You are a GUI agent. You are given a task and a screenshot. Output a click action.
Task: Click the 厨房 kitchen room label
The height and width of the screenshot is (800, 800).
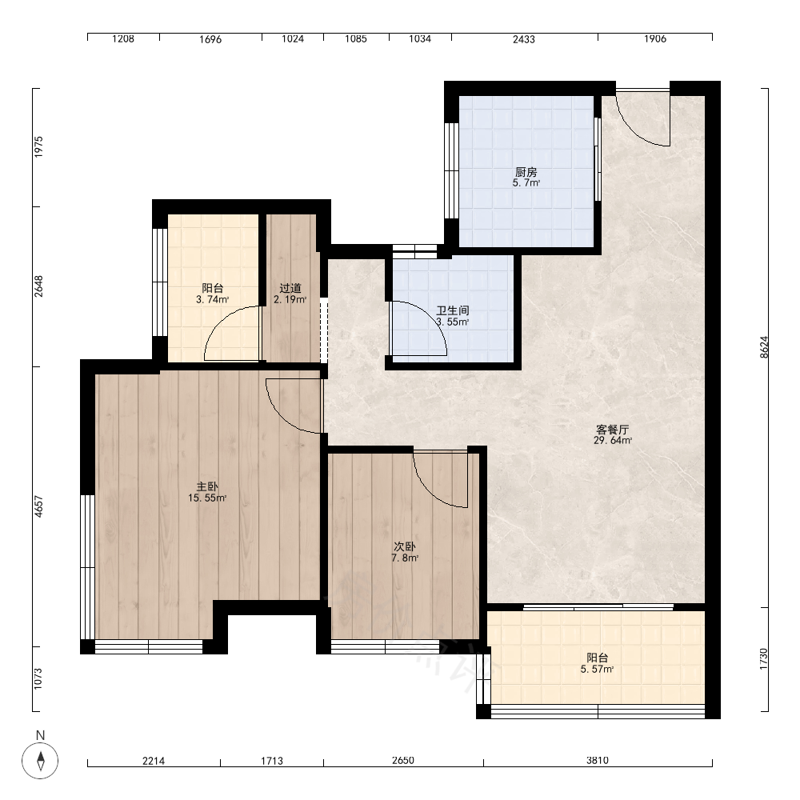click(x=526, y=172)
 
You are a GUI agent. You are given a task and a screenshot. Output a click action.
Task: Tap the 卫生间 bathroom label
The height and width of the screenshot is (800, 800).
click(x=453, y=310)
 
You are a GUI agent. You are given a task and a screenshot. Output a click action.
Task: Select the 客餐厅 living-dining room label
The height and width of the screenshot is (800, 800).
click(x=612, y=430)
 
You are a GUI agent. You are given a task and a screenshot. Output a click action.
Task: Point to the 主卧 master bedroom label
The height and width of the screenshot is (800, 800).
click(x=207, y=486)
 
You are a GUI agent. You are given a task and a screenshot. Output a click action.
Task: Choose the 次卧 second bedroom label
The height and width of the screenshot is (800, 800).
click(x=405, y=547)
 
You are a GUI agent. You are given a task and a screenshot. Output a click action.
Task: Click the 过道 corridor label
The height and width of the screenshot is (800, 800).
click(x=290, y=288)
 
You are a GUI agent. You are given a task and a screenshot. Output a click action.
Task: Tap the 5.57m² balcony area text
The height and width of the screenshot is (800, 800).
click(x=597, y=670)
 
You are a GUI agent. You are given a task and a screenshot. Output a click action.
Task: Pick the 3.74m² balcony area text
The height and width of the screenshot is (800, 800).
click(x=212, y=299)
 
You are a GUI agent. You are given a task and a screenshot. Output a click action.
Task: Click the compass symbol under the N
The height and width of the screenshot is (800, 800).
click(x=40, y=761)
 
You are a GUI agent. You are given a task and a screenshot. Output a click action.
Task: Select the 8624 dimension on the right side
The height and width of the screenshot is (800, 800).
click(x=764, y=347)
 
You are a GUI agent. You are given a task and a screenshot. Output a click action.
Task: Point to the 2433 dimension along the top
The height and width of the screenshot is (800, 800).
click(x=524, y=38)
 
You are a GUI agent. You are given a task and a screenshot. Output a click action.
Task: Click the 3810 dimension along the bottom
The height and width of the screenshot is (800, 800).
click(x=598, y=760)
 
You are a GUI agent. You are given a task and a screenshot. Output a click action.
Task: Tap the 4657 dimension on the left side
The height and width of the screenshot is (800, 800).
click(x=38, y=506)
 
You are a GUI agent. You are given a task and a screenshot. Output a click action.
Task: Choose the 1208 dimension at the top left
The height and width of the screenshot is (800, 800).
click(x=123, y=38)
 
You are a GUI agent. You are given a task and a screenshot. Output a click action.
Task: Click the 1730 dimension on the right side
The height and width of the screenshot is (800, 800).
click(x=764, y=659)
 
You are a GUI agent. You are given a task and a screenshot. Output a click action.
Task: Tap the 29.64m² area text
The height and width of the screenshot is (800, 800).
click(x=612, y=440)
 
